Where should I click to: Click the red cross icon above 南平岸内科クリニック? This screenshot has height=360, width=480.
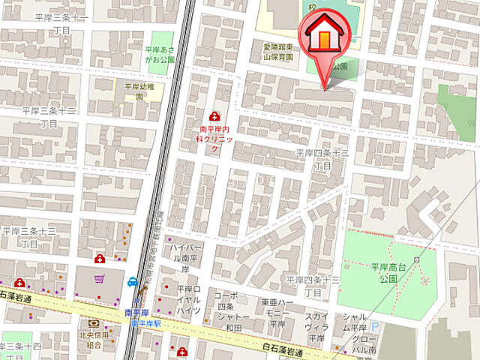[x=216, y=116]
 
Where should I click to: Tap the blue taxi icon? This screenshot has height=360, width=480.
[x=133, y=283]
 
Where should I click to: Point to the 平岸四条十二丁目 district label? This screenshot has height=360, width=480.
[x=322, y=159]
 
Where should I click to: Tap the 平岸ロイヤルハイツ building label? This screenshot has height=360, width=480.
[x=188, y=300]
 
